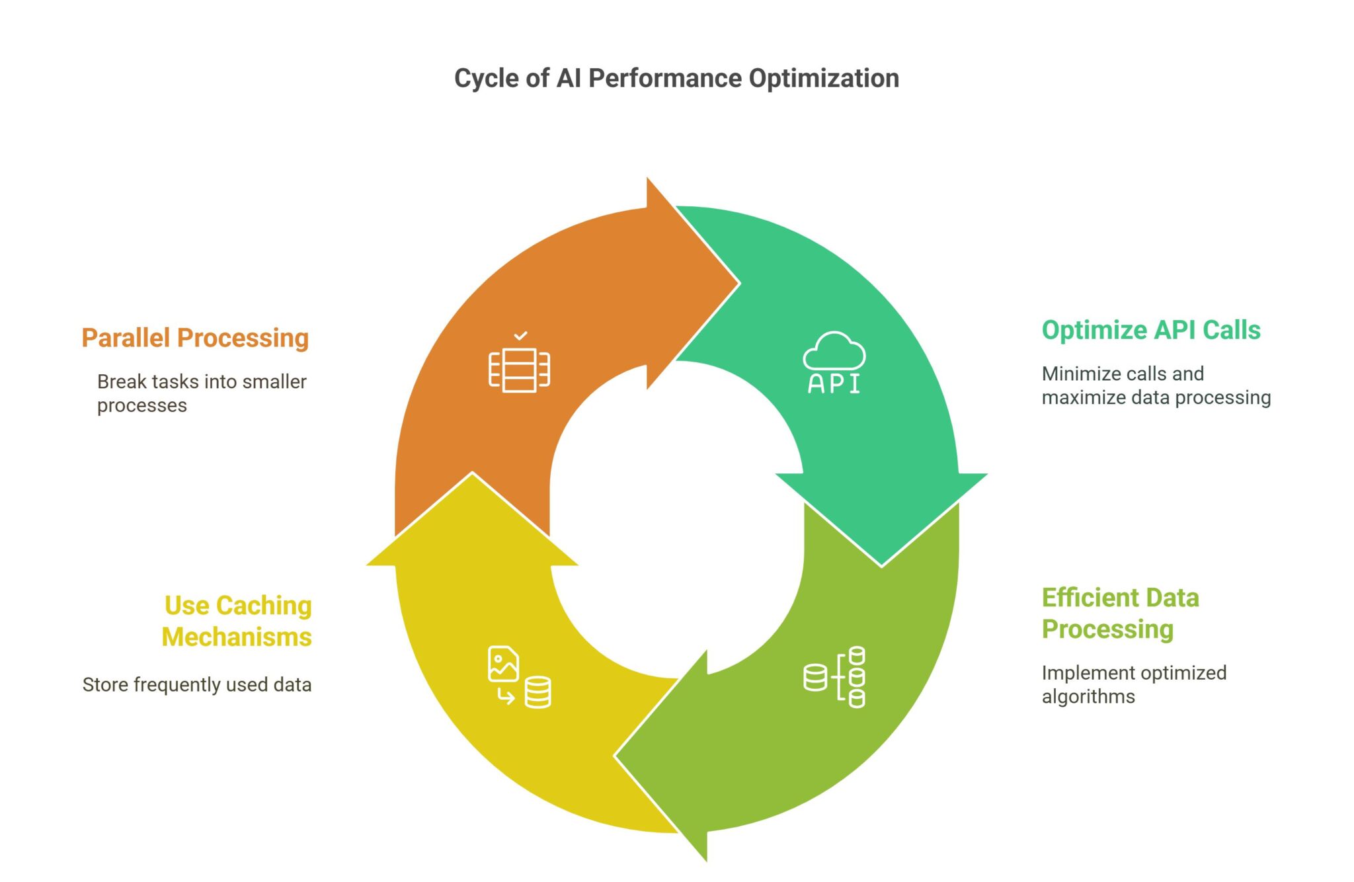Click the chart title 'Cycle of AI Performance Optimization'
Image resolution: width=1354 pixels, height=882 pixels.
676,78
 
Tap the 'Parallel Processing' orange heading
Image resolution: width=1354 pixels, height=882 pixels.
195,338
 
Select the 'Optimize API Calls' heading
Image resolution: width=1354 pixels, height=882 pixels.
1150,330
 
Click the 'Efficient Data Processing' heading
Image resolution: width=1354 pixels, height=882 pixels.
1120,613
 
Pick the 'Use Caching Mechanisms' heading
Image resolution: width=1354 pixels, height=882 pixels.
237,621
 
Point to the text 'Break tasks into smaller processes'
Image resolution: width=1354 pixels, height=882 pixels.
201,393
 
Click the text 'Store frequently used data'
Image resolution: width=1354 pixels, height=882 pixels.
197,684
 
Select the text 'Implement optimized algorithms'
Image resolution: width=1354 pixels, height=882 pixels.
1133,684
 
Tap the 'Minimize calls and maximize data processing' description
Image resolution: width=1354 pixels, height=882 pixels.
1156,385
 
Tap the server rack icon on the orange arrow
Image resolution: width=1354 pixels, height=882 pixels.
519,370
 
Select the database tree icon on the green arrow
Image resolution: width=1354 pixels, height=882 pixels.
834,677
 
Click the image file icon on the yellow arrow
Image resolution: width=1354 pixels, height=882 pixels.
503,664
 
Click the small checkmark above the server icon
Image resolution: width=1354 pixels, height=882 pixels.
521,336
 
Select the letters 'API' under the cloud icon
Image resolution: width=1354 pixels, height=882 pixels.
834,383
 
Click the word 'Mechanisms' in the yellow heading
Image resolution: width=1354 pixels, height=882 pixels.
237,637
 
